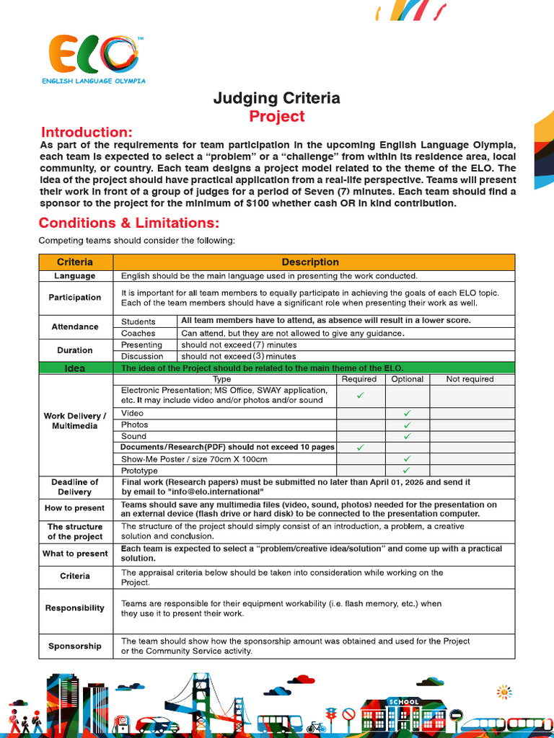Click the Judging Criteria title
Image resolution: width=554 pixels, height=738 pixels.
pos(276,98)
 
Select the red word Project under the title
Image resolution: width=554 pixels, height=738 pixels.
pos(277,117)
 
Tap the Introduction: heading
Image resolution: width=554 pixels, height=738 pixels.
pos(87,133)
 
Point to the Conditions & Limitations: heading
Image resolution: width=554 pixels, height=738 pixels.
pos(129,223)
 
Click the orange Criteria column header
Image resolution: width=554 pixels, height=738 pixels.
pos(75,262)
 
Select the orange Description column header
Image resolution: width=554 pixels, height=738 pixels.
pos(310,262)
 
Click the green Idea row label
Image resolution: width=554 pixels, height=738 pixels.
pos(75,368)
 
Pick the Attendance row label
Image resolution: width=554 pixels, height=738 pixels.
pos(75,326)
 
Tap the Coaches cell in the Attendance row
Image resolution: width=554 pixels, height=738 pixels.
pos(138,333)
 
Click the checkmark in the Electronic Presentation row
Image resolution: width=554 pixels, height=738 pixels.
pos(361,396)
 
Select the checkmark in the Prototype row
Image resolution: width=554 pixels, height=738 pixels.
pos(407,471)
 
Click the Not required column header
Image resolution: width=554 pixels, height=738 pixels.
pos(470,379)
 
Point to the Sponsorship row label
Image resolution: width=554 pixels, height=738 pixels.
pos(75,646)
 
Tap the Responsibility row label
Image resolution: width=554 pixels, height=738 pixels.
pos(75,608)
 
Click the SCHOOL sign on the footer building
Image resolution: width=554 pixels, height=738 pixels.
pos(403,701)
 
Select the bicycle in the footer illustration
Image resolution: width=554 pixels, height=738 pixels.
pos(316,726)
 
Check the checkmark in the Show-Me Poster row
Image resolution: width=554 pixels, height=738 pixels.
pos(407,459)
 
